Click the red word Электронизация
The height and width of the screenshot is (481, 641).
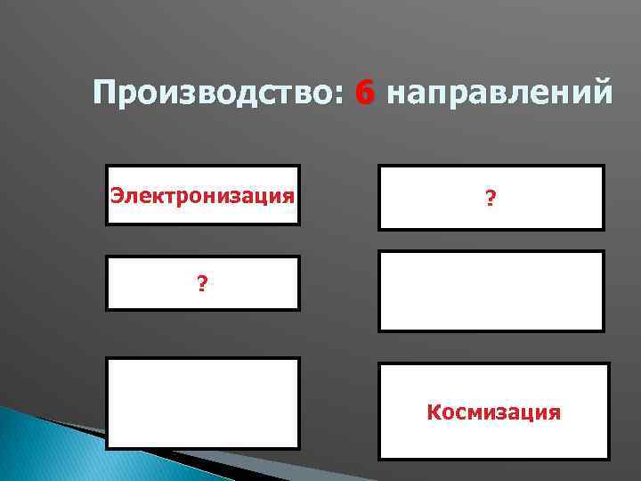[x=202, y=193]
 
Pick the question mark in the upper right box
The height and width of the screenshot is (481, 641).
[x=491, y=202]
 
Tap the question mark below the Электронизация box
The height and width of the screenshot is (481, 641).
[x=203, y=284]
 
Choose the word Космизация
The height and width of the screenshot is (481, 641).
[x=493, y=412]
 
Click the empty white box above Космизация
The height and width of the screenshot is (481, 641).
[x=491, y=291]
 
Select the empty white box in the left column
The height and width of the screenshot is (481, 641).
[x=203, y=404]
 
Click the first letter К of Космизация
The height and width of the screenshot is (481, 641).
[x=434, y=412]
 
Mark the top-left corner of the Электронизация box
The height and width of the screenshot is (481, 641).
[x=107, y=166]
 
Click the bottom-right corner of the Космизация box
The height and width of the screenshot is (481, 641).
[x=609, y=459]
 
